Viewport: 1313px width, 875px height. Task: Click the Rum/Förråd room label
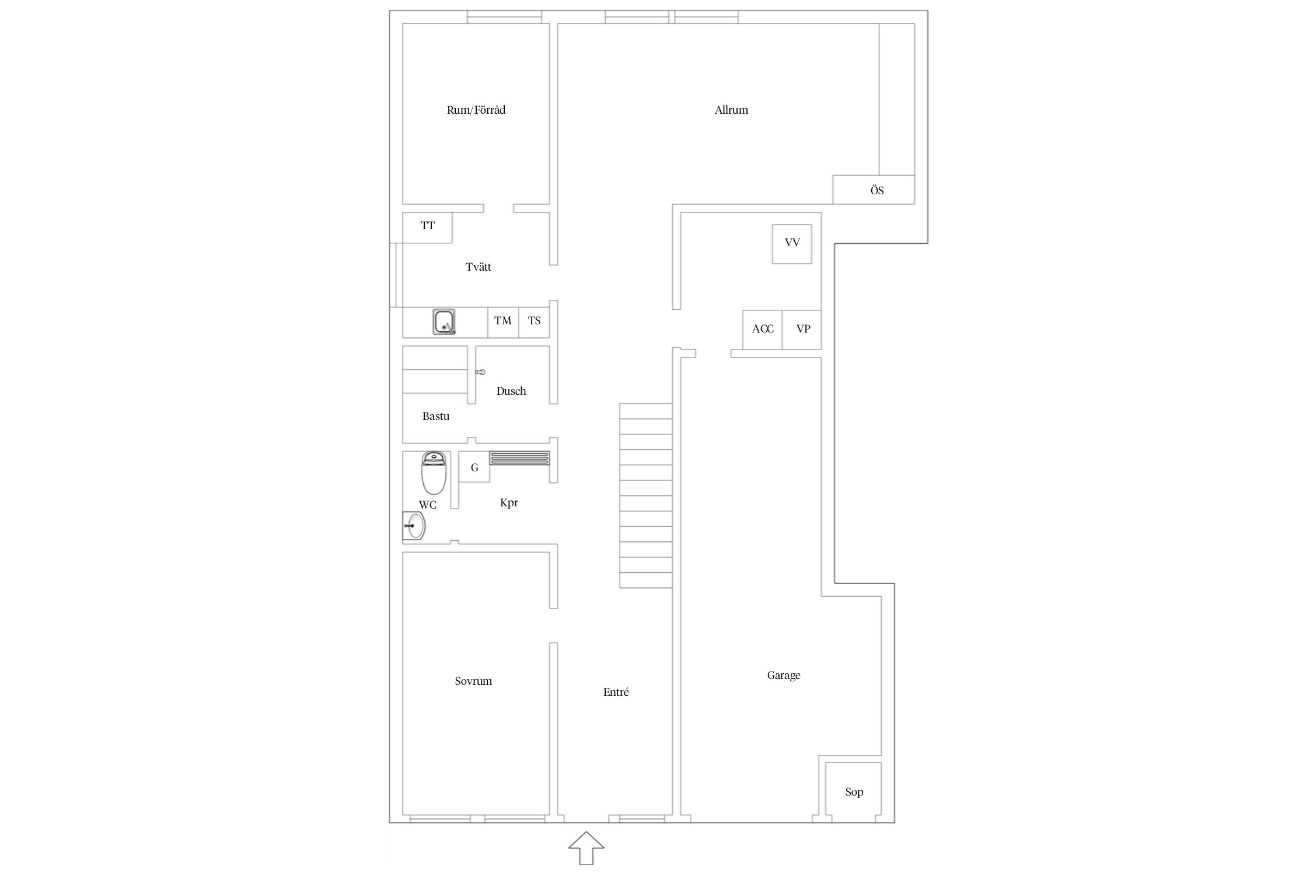[x=476, y=110]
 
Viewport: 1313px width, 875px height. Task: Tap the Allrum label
[x=731, y=110]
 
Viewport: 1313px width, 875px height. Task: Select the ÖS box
[x=874, y=190]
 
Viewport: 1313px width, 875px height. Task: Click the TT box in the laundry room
[x=427, y=228]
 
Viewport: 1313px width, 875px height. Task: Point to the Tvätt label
[x=479, y=267]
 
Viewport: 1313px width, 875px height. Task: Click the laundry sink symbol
[x=444, y=322]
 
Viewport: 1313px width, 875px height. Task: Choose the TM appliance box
[x=503, y=323]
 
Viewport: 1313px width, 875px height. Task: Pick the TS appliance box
[x=534, y=323]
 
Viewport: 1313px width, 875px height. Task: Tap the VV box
[x=792, y=244]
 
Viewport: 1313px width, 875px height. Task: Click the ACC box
[x=763, y=330]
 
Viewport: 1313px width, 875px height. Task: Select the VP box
[x=802, y=330]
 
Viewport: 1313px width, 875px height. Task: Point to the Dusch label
[x=511, y=391]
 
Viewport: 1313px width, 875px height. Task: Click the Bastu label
[x=436, y=416]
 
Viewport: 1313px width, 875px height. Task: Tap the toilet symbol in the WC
[x=434, y=473]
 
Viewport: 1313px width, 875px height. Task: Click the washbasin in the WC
[x=414, y=526]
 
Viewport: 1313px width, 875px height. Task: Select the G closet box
[x=474, y=467]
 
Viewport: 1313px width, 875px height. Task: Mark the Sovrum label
[x=473, y=681]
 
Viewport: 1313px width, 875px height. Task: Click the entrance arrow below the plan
[x=586, y=848]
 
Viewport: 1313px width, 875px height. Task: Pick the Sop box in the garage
[x=853, y=792]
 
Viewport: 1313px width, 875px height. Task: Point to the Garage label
[x=784, y=675]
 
